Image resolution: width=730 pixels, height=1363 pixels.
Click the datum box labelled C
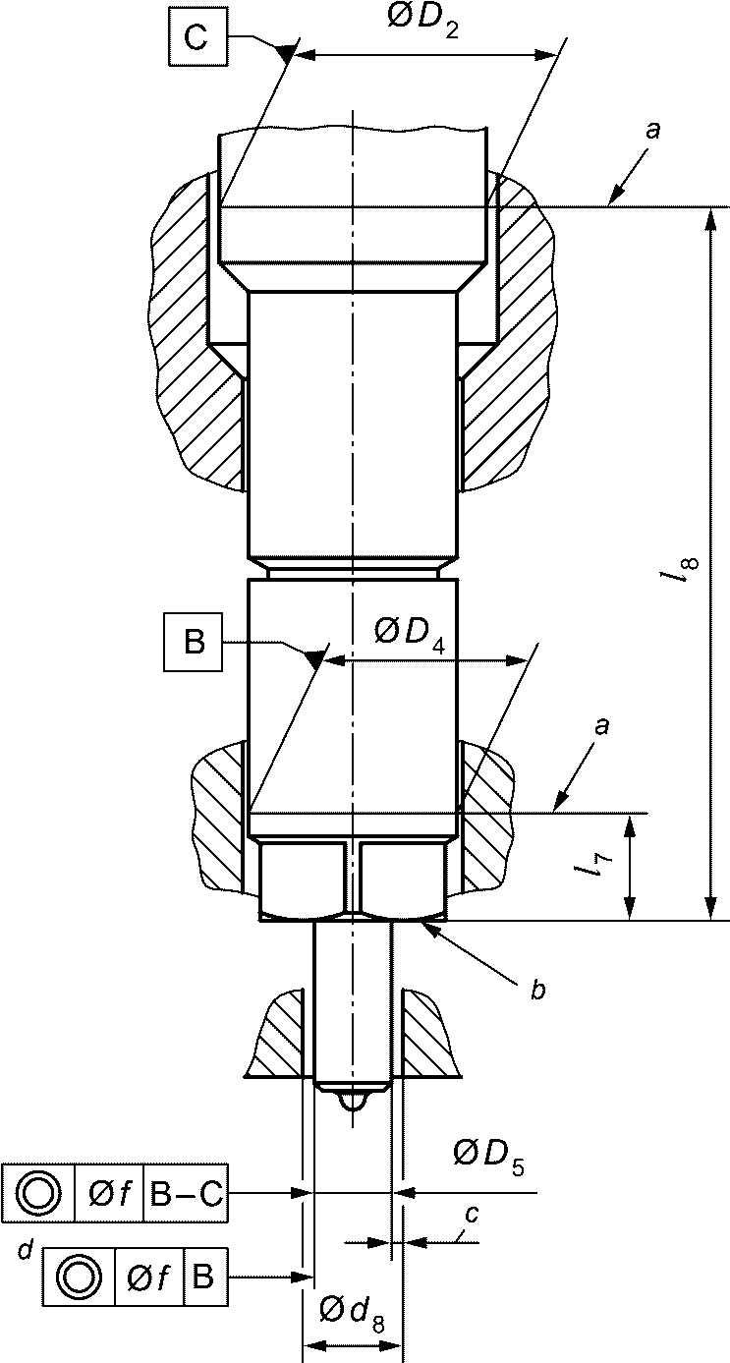198,37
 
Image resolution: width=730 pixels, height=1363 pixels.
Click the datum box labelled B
194,643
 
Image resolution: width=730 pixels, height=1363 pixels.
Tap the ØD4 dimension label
410,634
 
